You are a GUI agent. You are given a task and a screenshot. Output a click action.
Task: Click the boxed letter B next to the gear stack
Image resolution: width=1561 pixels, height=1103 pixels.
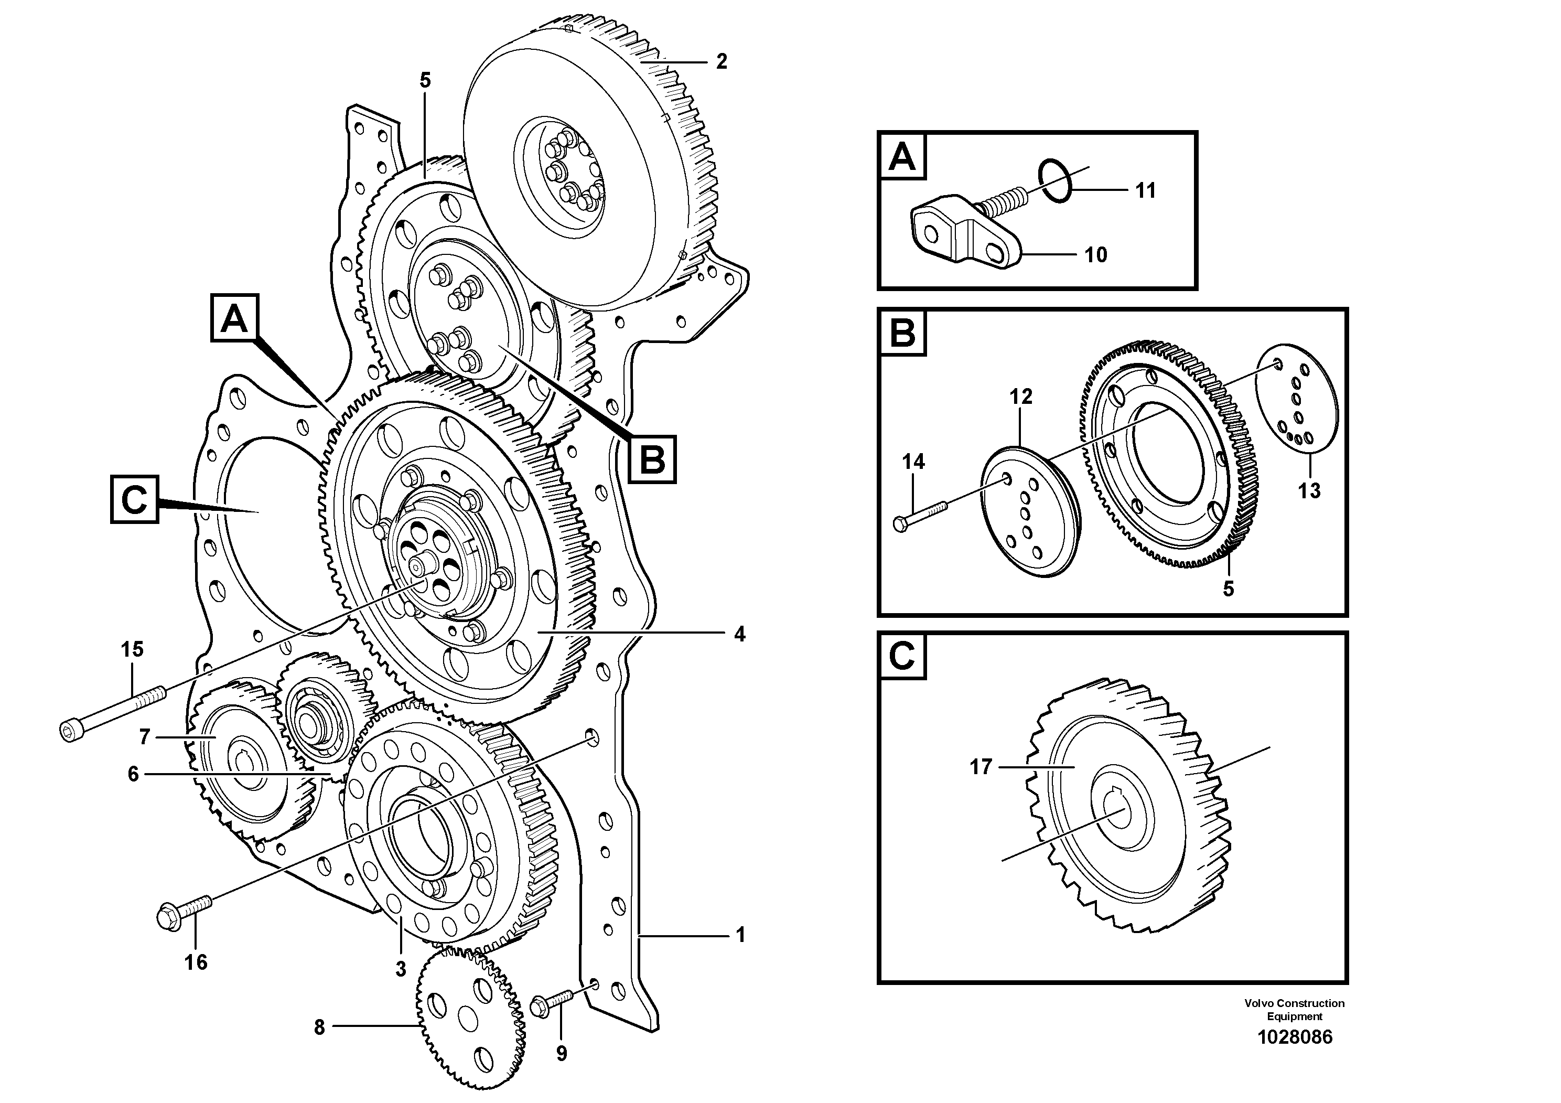652,459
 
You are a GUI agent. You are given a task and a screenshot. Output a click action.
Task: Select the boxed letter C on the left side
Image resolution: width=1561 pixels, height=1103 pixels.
135,500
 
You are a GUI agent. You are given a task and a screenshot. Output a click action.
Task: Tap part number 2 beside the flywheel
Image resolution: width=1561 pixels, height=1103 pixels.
722,62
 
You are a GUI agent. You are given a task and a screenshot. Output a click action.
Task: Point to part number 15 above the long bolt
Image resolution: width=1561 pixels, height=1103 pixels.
133,649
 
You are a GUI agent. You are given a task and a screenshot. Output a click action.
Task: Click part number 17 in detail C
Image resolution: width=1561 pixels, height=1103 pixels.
981,767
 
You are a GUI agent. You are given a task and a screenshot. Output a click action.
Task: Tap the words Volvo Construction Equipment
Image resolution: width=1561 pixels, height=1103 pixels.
1295,1009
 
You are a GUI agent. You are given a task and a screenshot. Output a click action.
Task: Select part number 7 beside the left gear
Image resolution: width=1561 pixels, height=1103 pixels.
144,736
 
